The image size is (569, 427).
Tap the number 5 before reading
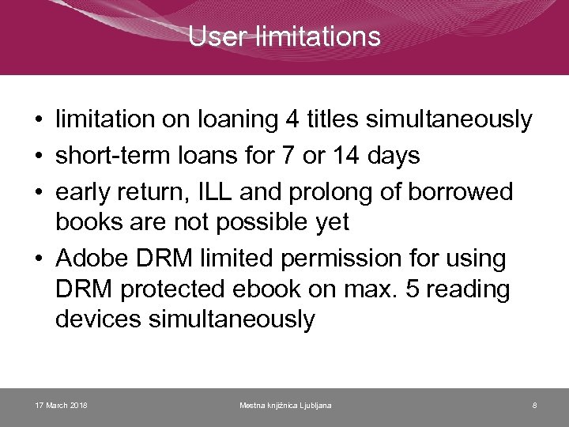(413, 289)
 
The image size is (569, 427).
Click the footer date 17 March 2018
(62, 406)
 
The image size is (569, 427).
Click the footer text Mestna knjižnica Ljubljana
(285, 406)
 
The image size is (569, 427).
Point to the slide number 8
(534, 406)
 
